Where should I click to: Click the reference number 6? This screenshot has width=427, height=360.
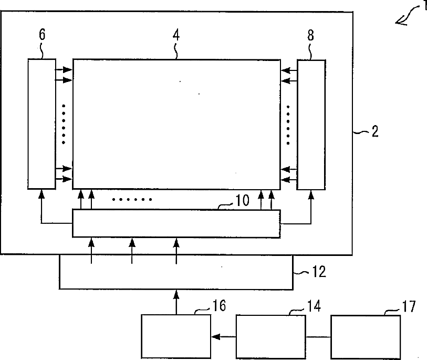click(42, 34)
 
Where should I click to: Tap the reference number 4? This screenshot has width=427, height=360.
click(176, 35)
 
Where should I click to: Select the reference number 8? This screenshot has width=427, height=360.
click(311, 35)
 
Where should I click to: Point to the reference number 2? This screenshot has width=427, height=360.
click(375, 131)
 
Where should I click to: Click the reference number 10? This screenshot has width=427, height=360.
click(242, 201)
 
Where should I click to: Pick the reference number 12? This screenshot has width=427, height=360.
click(319, 272)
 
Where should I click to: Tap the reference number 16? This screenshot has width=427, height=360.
click(219, 305)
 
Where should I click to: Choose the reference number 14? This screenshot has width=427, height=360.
click(314, 306)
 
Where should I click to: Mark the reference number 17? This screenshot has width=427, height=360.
click(409, 306)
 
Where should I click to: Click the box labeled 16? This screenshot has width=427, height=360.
click(176, 336)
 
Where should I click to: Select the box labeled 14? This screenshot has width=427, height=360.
click(270, 337)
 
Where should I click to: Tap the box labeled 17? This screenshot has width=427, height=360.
click(366, 337)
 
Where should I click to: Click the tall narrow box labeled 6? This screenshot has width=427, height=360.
click(41, 124)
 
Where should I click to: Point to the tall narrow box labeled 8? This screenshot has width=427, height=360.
click(311, 125)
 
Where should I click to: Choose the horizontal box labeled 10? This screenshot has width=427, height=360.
click(176, 223)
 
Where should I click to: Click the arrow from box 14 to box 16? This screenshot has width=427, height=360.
click(224, 337)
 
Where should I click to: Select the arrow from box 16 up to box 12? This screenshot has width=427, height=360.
click(176, 302)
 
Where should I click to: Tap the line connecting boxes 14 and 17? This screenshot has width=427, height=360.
click(318, 337)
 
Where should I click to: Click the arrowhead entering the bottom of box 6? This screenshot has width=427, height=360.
click(41, 193)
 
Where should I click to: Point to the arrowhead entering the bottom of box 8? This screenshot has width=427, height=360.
click(311, 194)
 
